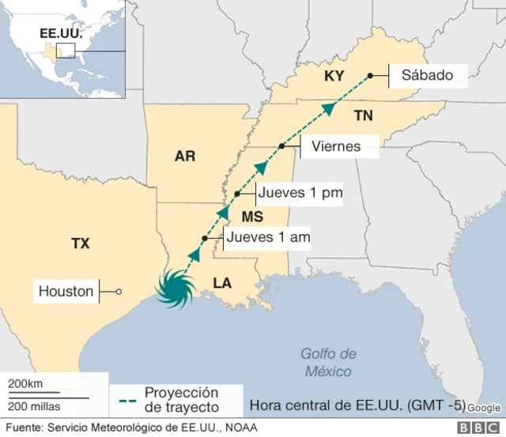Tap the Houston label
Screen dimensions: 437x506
coord(66,292)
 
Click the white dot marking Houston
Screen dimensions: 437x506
coord(119,292)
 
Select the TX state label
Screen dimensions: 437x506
coord(80,243)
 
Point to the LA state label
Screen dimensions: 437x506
coord(222,283)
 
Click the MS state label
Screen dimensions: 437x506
coord(251,217)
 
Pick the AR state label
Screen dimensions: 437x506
coord(184,156)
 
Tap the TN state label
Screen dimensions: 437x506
coord(363,116)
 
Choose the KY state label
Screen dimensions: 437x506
coord(334,77)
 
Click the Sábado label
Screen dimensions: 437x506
coord(427,76)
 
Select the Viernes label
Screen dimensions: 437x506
coord(336,146)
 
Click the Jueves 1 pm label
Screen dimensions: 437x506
coord(300,193)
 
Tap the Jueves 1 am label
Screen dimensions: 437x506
coord(267,237)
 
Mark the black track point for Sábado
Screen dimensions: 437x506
coord(370,76)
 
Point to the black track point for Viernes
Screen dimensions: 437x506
coord(281,146)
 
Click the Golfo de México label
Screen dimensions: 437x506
coord(329,362)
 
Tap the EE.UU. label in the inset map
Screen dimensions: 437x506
coord(56,34)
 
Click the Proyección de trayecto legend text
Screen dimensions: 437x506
coord(181,399)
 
